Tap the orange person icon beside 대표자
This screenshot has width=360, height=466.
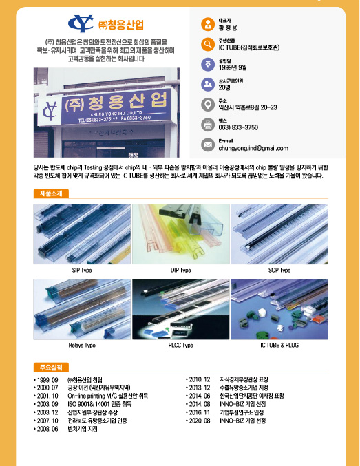click(x=207, y=24)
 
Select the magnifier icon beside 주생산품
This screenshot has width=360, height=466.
click(x=207, y=44)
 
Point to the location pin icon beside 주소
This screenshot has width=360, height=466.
click(x=207, y=105)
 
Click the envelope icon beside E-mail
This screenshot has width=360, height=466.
click(x=207, y=144)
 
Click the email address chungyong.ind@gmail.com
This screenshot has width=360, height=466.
click(x=253, y=148)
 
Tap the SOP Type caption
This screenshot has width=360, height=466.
click(x=279, y=271)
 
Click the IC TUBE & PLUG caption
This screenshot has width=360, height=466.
click(x=279, y=344)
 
